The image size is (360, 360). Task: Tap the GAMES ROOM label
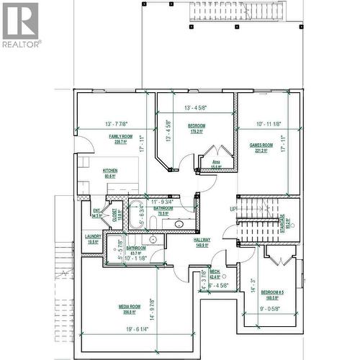259,145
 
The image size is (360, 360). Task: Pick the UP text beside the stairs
233,209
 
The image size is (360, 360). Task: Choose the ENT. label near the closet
96,212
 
